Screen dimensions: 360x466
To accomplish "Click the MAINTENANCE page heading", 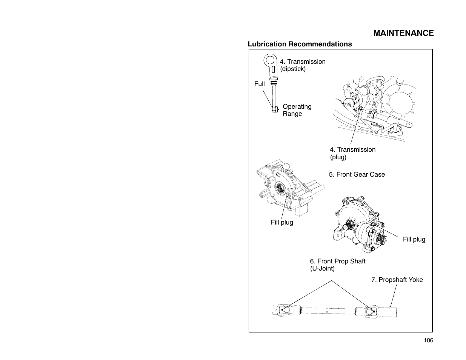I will point(403,33).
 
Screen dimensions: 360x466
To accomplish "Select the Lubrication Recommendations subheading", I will point(300,44).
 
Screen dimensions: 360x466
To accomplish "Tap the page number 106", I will point(428,340).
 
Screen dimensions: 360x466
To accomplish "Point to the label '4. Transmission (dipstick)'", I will point(302,65).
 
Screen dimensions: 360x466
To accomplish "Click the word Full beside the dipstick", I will point(259,84).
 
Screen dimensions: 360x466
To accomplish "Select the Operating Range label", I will point(297,110).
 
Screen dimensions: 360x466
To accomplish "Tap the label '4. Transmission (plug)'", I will point(352,153).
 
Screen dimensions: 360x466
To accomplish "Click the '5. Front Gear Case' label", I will point(357,174).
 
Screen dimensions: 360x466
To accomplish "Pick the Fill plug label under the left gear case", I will point(281,222).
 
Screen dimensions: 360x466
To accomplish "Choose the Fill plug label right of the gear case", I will point(414,239).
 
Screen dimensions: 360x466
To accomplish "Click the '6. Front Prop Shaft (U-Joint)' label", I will point(337,265).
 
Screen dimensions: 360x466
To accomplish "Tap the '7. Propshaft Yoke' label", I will point(397,280).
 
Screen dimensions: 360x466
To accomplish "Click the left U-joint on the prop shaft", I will point(286,310).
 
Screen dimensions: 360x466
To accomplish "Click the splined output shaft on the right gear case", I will point(382,238).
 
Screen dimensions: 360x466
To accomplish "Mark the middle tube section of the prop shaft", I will point(328,311).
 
